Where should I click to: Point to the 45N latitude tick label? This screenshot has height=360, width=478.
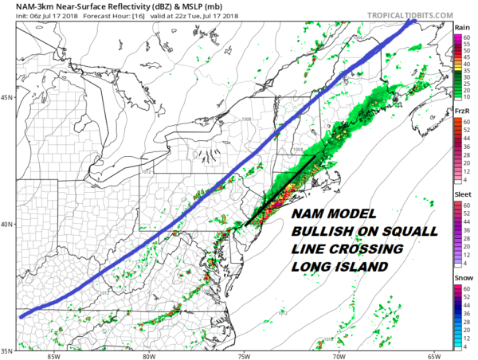point(6,97)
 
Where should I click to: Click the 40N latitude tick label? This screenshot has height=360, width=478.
point(6,224)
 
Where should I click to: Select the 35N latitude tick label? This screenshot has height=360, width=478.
point(6,350)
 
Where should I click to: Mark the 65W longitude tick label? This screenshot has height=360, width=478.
point(433,355)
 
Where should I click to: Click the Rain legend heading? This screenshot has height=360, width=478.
point(461,27)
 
